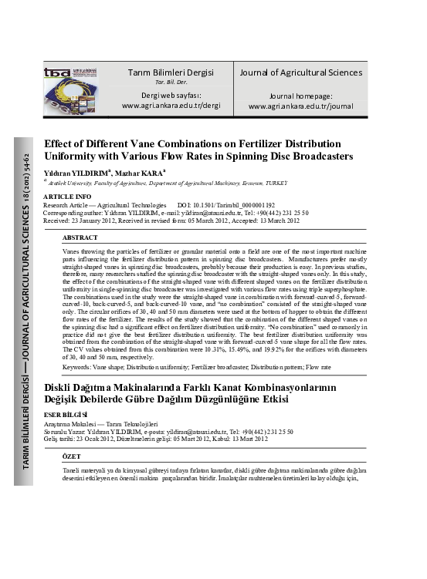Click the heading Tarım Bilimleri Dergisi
(171, 72)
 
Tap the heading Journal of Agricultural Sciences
(300, 72)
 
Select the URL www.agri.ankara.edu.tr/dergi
(171, 105)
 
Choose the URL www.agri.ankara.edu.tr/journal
(300, 106)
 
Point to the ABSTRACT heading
(80, 238)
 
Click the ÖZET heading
(72, 457)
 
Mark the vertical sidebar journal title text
(26, 305)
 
